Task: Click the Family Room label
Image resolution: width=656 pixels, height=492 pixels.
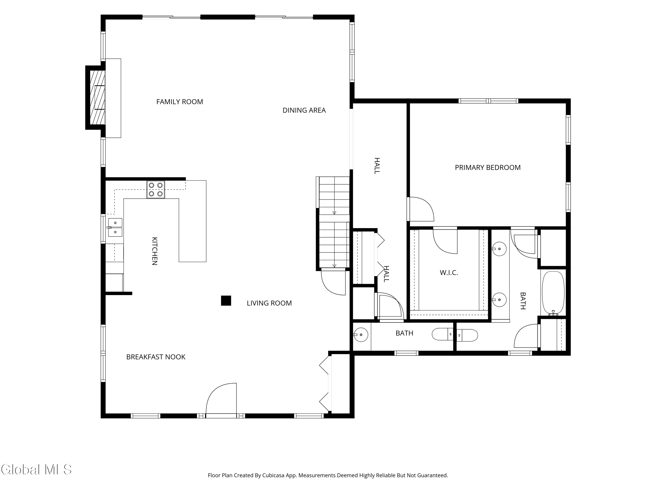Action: (x=180, y=102)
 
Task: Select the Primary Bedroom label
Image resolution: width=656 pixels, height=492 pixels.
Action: (x=488, y=167)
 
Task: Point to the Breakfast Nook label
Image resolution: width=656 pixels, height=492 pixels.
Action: (x=156, y=357)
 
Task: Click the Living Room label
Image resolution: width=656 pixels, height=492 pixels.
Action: (x=269, y=303)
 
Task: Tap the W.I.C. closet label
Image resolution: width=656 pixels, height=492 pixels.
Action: (x=449, y=272)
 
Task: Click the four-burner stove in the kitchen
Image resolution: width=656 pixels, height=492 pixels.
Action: (x=156, y=190)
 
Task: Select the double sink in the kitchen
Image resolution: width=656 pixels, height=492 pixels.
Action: (x=115, y=227)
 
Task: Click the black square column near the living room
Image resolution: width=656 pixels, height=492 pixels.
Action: (x=226, y=300)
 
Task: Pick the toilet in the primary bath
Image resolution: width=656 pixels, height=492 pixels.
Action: (x=467, y=335)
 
